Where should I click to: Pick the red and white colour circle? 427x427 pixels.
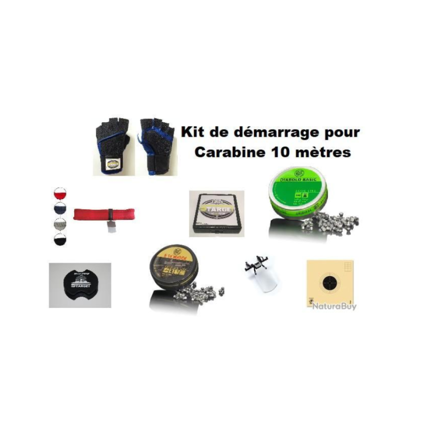click(x=59, y=193)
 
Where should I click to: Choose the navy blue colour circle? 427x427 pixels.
click(x=59, y=208)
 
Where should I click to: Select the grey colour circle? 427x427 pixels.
click(x=59, y=223)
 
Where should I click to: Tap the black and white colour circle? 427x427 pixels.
click(x=59, y=238)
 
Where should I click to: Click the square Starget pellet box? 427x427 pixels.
click(x=217, y=213)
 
